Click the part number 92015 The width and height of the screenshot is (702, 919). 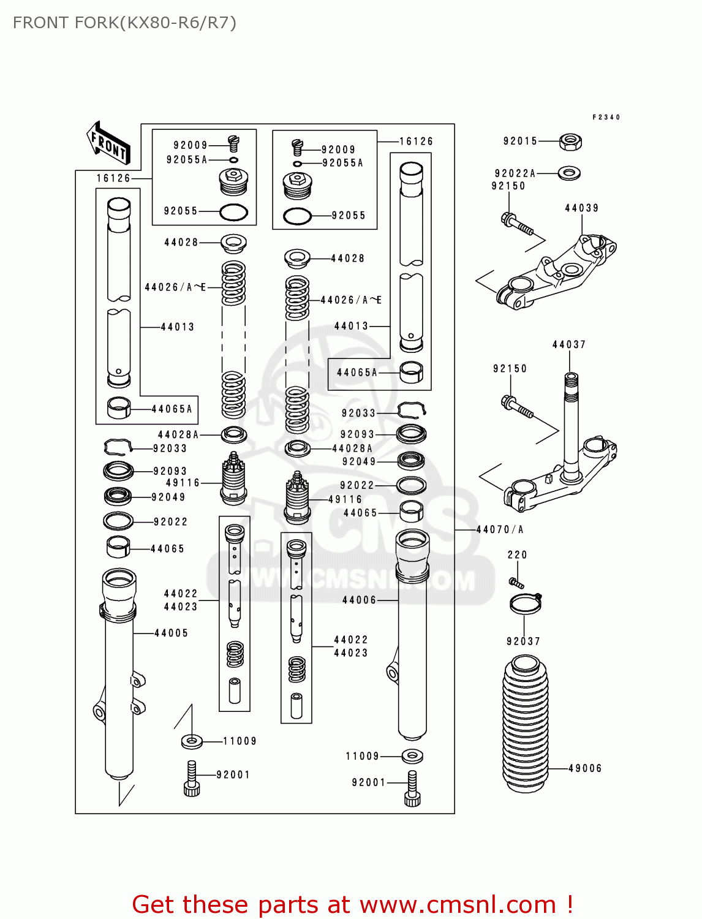click(520, 141)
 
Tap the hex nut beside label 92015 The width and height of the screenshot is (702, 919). click(570, 143)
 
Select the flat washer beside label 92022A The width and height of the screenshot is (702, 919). click(570, 173)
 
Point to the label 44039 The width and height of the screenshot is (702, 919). click(581, 208)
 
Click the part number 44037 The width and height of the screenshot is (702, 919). click(569, 344)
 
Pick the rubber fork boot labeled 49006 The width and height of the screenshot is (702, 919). click(525, 723)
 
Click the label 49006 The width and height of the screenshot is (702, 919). click(585, 768)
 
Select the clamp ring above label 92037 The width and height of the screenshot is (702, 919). click(526, 604)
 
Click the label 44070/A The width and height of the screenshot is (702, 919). click(500, 529)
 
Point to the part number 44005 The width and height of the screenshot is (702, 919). click(171, 633)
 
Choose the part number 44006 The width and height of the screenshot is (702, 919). click(359, 600)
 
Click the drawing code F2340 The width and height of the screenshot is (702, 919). click(606, 117)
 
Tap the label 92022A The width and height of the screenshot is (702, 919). click(515, 173)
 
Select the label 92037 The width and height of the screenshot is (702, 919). click(523, 641)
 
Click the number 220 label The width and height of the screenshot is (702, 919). click(517, 554)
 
